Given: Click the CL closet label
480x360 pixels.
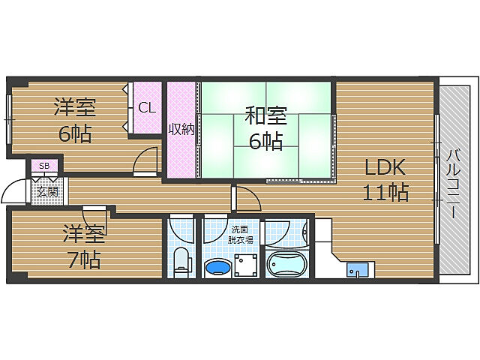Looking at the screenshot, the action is pos(147,107).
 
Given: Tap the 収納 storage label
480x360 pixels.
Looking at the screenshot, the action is pos(181,129).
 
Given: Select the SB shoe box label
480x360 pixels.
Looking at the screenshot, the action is pos(44,166).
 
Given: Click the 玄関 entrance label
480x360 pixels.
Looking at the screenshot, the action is pos(48,192).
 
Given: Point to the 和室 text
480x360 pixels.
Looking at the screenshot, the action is pos(266,115).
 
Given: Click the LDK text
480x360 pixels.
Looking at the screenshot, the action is pos(385,166).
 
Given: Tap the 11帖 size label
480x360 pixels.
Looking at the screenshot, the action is pos(385,192).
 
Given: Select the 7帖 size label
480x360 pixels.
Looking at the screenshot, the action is pos(84,259).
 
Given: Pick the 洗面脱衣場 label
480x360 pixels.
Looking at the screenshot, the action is pos(240,234).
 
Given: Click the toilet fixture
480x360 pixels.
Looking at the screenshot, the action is pos(181,261).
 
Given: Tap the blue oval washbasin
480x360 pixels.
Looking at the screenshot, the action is pos(217,268).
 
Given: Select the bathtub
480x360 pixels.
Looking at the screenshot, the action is pos(286,263).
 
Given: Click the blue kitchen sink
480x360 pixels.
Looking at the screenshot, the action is pos(357,270).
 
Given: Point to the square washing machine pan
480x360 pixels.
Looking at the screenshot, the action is pos(247,265).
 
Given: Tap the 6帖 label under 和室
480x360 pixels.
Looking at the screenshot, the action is pos(265,141).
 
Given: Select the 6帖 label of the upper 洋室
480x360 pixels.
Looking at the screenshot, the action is pos(75,133).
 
